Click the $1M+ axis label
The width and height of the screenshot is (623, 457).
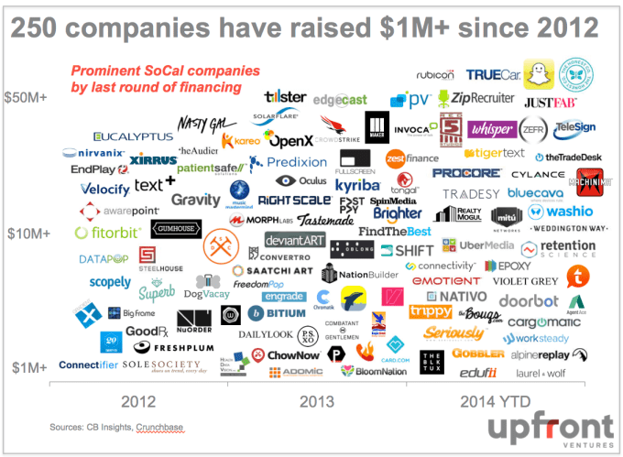27,366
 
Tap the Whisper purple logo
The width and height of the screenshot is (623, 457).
491,129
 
